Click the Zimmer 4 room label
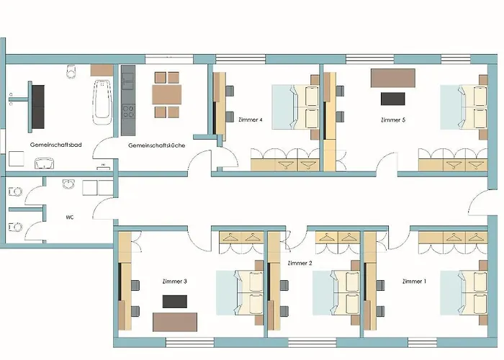point(251,120)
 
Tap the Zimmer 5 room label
point(393,120)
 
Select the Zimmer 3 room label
point(174,282)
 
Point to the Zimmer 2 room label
point(300,263)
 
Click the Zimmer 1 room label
point(414,282)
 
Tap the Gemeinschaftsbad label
point(56,145)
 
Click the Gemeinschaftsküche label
point(156,145)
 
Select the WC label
point(70,217)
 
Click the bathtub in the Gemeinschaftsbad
point(102,102)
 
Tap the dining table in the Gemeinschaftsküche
point(167,94)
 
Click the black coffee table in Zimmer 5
point(393,99)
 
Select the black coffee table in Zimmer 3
point(174,302)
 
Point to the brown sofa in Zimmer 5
point(393,78)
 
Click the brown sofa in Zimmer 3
point(175,322)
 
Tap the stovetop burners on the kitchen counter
point(128,111)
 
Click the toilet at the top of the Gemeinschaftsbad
point(71,71)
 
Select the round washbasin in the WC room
point(69,184)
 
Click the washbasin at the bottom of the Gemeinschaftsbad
point(44,163)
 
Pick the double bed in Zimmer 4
point(295,107)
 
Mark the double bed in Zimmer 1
point(464,293)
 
